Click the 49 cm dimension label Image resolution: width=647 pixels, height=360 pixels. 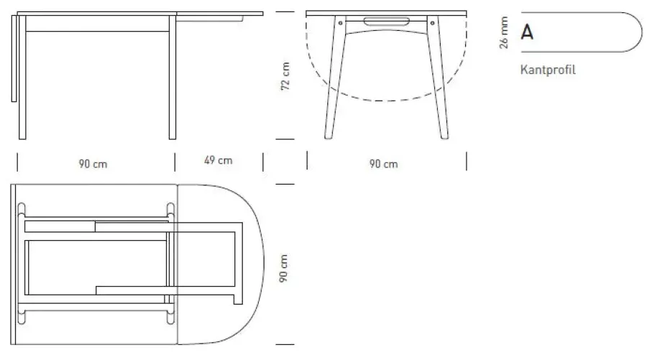[x=219, y=160]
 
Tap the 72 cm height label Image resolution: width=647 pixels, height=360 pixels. [x=285, y=75]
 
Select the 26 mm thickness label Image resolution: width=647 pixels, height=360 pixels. [x=504, y=32]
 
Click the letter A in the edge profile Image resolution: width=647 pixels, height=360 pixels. [x=527, y=33]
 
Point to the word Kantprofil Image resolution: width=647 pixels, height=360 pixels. [x=549, y=70]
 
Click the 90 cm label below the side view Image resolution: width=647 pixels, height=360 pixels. [x=93, y=164]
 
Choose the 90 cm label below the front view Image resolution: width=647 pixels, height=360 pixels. [x=384, y=164]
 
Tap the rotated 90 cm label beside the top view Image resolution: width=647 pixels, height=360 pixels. [x=285, y=266]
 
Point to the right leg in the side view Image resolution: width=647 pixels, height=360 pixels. [x=172, y=79]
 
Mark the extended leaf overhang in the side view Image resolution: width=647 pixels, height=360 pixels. [x=219, y=14]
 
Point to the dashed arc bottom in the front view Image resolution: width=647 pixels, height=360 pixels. [x=386, y=100]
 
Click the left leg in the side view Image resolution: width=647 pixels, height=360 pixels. [x=23, y=79]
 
